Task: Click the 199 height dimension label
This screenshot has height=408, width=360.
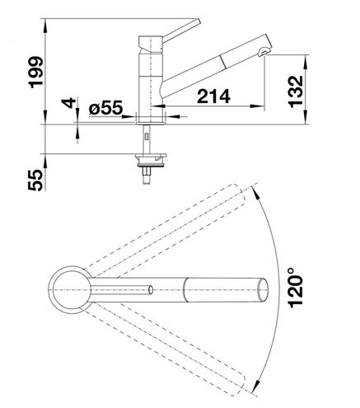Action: pos(36,73)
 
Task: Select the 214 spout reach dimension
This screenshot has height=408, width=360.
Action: pos(213,96)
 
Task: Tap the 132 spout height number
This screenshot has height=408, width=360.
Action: pos(296,91)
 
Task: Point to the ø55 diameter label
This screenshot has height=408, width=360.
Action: pos(105,107)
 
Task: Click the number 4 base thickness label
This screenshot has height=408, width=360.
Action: pos(68,103)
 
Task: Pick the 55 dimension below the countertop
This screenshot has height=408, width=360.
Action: pos(35,180)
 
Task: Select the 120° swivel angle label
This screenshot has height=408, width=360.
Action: pos(296,287)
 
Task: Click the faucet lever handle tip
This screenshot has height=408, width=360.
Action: pos(199,21)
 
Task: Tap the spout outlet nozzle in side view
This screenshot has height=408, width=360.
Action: pos(264,52)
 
